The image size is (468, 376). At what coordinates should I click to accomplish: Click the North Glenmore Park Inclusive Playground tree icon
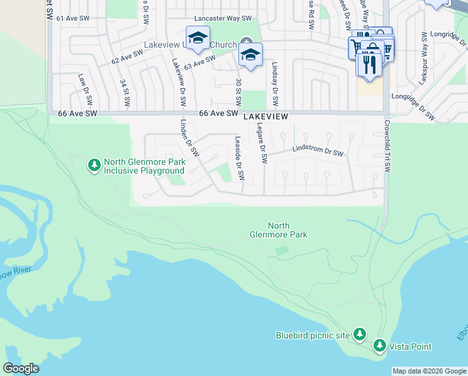pos(94,165)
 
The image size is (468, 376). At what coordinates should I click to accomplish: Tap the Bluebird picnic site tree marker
pos(360,335)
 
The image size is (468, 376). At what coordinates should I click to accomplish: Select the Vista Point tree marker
pos(379,345)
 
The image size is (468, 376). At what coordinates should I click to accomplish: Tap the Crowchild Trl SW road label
pos(387,147)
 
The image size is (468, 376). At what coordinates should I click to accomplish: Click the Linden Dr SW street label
pos(189,138)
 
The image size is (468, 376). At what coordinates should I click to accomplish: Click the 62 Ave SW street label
pos(128,58)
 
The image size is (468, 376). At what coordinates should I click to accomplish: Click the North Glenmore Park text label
pos(287,230)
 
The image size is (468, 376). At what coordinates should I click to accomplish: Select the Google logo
pos(21,368)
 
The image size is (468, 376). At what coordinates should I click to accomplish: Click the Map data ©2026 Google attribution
pos(429,371)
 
